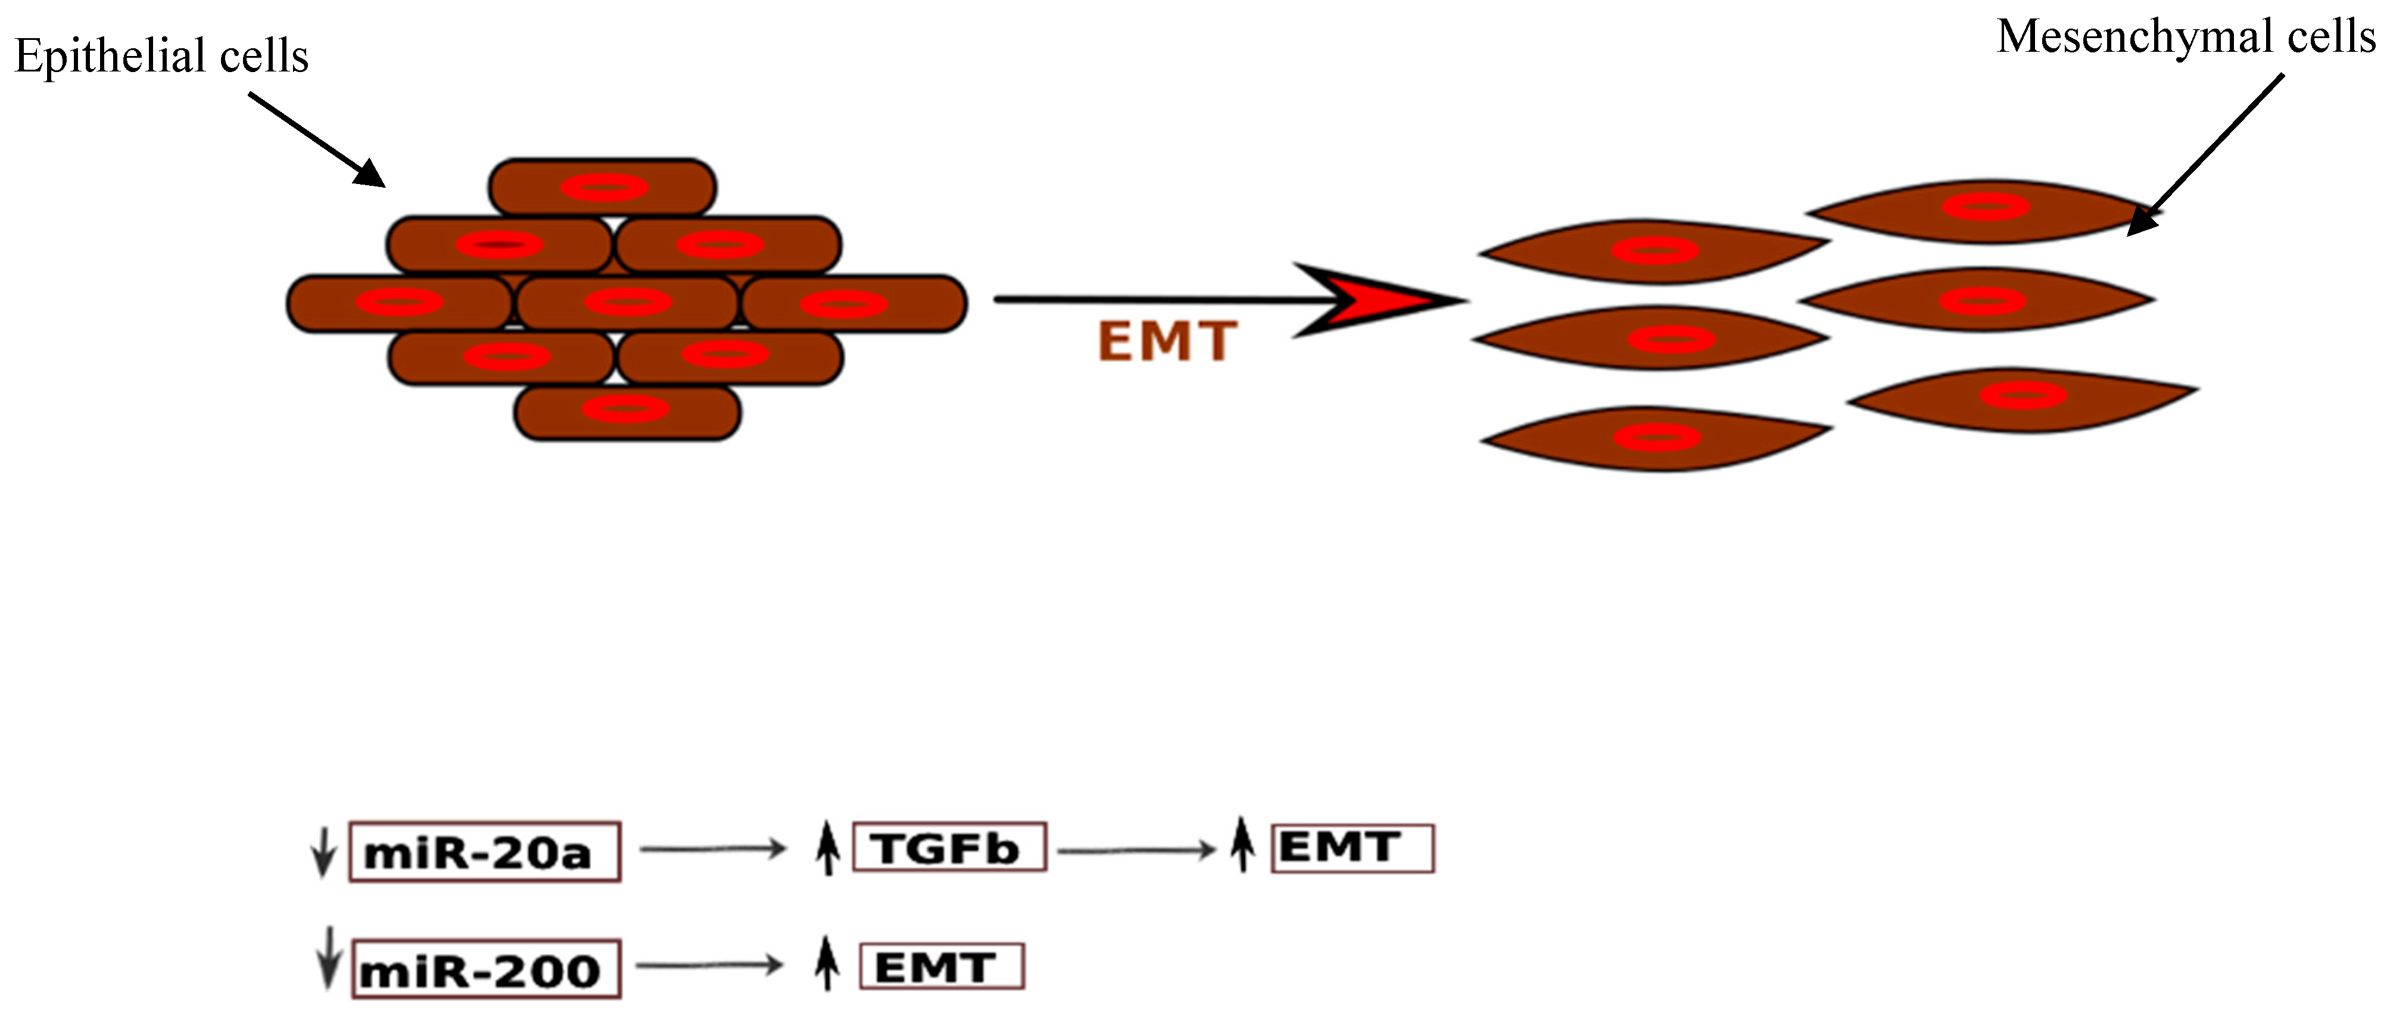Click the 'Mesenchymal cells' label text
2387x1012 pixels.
pyautogui.click(x=2185, y=37)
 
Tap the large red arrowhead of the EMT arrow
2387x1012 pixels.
pyautogui.click(x=1381, y=300)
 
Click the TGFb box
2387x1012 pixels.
pyautogui.click(x=949, y=847)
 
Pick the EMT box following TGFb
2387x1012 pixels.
pyautogui.click(x=1352, y=847)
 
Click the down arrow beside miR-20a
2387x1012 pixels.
pyautogui.click(x=322, y=851)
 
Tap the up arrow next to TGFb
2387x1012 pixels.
pyautogui.click(x=827, y=847)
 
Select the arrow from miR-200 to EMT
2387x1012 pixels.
pyautogui.click(x=709, y=966)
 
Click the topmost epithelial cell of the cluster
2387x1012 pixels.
pyautogui.click(x=602, y=187)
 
